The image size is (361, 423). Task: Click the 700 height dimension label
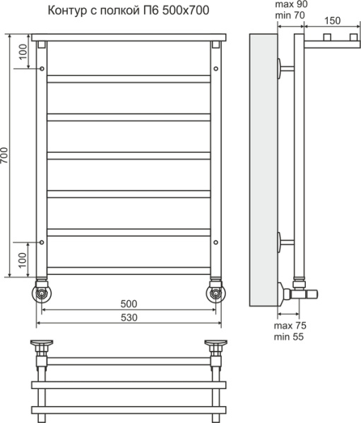coord(4,156)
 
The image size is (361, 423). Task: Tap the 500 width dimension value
coord(129,304)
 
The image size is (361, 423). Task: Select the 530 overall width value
coord(129,317)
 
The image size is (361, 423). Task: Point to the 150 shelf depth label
coord(332,20)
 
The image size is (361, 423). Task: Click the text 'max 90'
coord(291,4)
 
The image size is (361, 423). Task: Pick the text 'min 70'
coord(290,16)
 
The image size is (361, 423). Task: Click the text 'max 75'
coord(290,326)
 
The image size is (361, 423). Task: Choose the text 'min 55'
coord(289,337)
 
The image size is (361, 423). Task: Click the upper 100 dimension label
coord(23,51)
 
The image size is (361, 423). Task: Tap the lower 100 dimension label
coord(23,260)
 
